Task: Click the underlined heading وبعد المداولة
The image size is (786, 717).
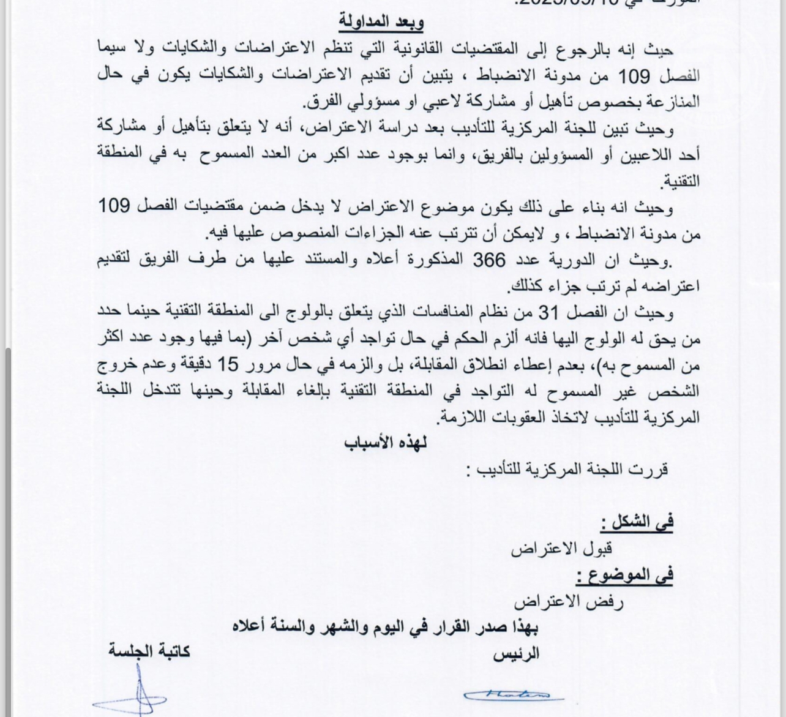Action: tap(381, 23)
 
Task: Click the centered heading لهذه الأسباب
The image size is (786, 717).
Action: tap(386, 443)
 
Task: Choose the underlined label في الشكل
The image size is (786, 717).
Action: tap(637, 522)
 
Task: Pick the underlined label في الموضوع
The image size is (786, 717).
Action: tap(624, 575)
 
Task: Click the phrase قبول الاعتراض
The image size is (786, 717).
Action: tap(562, 549)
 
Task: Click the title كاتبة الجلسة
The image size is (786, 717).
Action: tap(149, 651)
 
